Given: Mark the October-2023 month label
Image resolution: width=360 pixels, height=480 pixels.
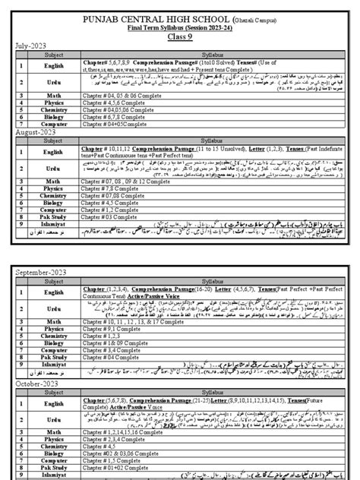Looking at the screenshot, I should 37,386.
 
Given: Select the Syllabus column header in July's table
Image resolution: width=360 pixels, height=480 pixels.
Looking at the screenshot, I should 207,55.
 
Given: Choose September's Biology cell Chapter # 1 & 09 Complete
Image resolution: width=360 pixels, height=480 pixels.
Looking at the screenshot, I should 137,343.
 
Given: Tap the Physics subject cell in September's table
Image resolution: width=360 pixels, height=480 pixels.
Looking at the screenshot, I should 52,327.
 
